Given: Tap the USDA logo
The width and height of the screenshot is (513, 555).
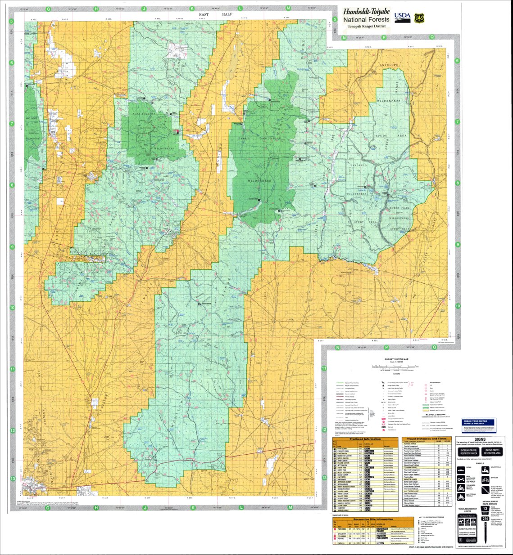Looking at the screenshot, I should [402, 17].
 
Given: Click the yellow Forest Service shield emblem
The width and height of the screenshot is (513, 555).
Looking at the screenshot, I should [419, 17].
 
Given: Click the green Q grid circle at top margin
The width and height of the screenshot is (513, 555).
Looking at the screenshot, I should [432, 38].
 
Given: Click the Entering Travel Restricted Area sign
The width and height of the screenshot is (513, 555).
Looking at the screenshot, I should [468, 452].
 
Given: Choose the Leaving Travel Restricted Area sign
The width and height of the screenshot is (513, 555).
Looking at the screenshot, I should [492, 452].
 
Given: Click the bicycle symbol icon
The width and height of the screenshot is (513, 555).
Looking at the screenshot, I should [486, 480].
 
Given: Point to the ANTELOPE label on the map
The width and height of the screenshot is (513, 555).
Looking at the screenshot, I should [390, 66].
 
